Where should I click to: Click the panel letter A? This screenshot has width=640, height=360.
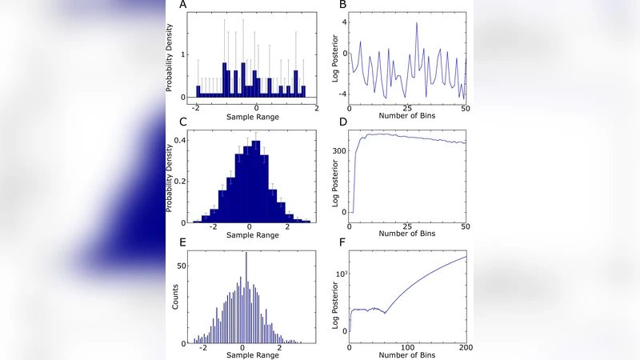[184, 6]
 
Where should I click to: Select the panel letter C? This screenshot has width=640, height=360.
[184, 122]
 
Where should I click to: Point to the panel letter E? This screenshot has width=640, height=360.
[184, 239]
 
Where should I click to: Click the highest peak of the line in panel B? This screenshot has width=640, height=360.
[417, 22]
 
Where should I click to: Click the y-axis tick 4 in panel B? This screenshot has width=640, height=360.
[344, 21]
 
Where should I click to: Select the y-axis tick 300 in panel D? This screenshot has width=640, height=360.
[339, 150]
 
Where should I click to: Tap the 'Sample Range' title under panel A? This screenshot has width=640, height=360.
[256, 118]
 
